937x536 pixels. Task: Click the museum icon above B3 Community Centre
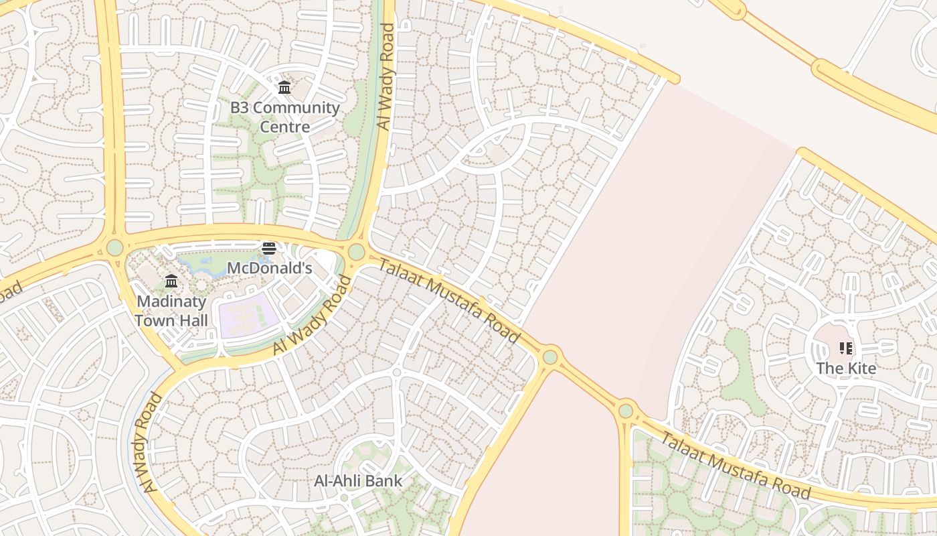pyautogui.click(x=284, y=87)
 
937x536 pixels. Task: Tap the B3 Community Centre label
pyautogui.click(x=285, y=117)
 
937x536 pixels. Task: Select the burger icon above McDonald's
pyautogui.click(x=269, y=249)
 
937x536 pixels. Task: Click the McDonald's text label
pyautogui.click(x=270, y=268)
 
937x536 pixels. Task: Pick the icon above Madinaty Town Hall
pyautogui.click(x=171, y=281)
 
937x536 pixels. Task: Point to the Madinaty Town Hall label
pyautogui.click(x=171, y=311)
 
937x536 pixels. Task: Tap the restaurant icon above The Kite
pyautogui.click(x=846, y=348)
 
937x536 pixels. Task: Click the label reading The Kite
pyautogui.click(x=846, y=368)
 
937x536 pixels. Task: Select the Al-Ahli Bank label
pyautogui.click(x=359, y=480)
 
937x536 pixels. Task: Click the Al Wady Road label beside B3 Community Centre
pyautogui.click(x=386, y=76)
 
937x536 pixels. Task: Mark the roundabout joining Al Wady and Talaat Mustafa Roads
pyautogui.click(x=356, y=252)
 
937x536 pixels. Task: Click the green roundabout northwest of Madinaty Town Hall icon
pyautogui.click(x=115, y=247)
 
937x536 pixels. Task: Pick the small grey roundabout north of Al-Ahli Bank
pyautogui.click(x=396, y=372)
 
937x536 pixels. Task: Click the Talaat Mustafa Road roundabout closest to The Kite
pyautogui.click(x=626, y=410)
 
